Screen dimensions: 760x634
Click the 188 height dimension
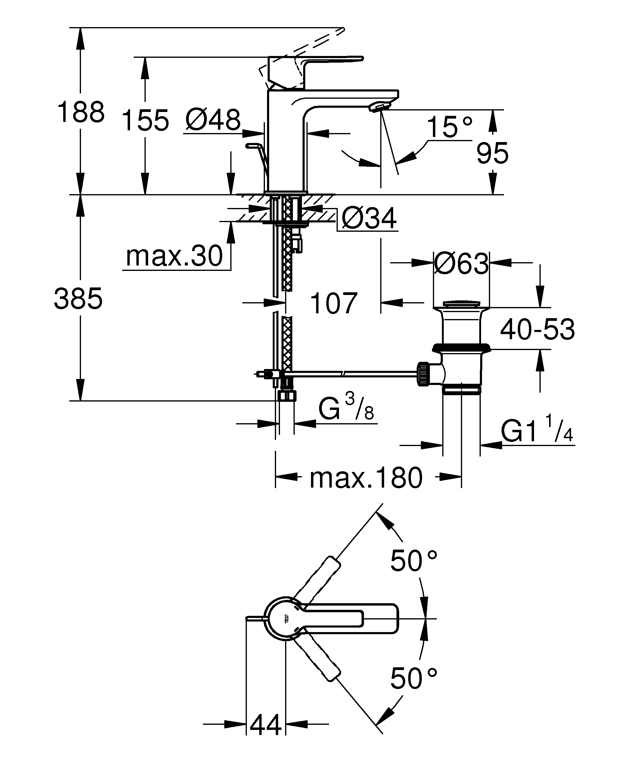(81, 113)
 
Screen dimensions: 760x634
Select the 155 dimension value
(145, 120)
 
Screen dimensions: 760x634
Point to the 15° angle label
(449, 127)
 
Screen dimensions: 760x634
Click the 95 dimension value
(492, 154)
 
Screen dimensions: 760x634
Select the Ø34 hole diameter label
(369, 219)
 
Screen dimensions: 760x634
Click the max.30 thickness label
(174, 256)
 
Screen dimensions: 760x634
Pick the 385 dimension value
(78, 299)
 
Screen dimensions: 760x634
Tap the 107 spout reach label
(334, 303)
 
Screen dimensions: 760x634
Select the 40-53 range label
(537, 330)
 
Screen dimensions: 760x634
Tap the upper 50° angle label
(413, 561)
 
